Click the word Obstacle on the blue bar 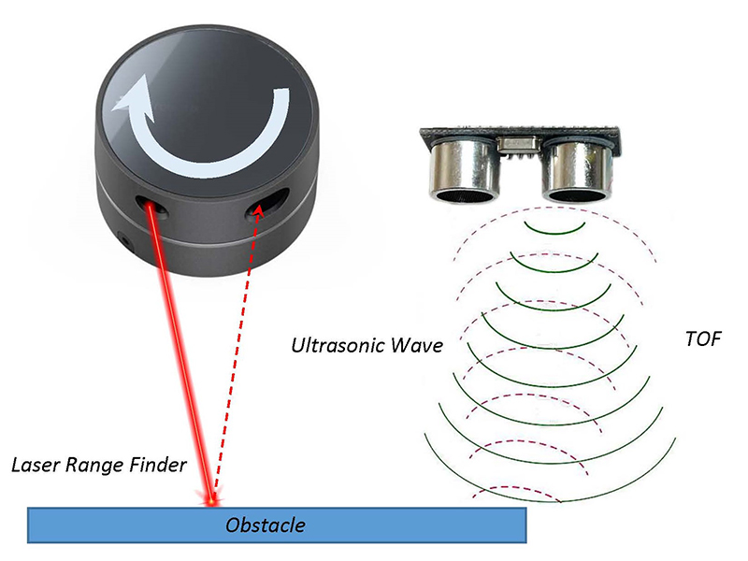265,525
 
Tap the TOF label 703,338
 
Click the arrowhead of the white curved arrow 127,100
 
